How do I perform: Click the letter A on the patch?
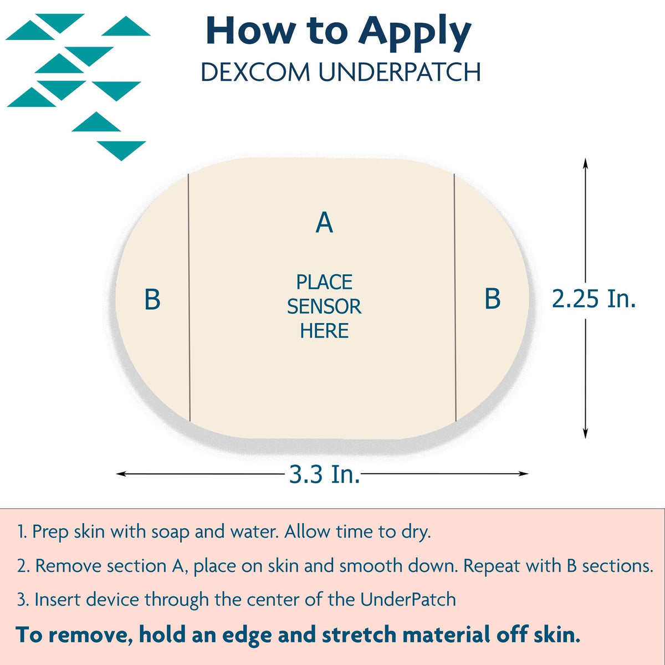click(x=324, y=223)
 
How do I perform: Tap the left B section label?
click(x=152, y=299)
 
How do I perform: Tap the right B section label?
click(x=493, y=298)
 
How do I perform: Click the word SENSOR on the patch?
click(x=324, y=306)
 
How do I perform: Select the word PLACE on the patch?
click(x=324, y=282)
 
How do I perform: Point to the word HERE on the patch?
click(x=324, y=331)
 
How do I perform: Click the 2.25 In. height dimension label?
click(x=594, y=299)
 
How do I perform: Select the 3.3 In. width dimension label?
click(x=324, y=474)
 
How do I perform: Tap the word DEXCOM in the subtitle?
click(x=255, y=72)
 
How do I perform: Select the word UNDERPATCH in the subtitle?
click(x=399, y=72)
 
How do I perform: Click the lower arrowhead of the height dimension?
click(x=585, y=433)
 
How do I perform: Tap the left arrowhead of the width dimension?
click(x=121, y=474)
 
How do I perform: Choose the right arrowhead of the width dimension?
click(x=523, y=473)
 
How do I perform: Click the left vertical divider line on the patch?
click(x=189, y=298)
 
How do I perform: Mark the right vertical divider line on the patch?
click(x=455, y=298)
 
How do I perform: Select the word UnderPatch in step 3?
click(x=408, y=600)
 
